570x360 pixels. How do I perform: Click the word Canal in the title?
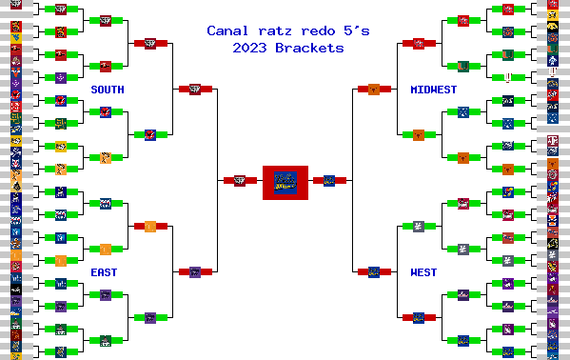click(226, 31)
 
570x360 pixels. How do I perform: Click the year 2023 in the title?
click(247, 48)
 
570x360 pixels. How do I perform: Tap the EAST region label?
click(105, 272)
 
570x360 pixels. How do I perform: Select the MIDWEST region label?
click(433, 90)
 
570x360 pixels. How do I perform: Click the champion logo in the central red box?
click(285, 180)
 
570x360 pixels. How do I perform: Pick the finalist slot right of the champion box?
click(329, 180)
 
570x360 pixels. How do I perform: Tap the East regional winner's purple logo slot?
click(195, 272)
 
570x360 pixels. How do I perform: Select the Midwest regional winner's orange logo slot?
click(374, 90)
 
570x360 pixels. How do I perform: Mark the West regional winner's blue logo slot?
click(374, 272)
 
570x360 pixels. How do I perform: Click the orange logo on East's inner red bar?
click(150, 226)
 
